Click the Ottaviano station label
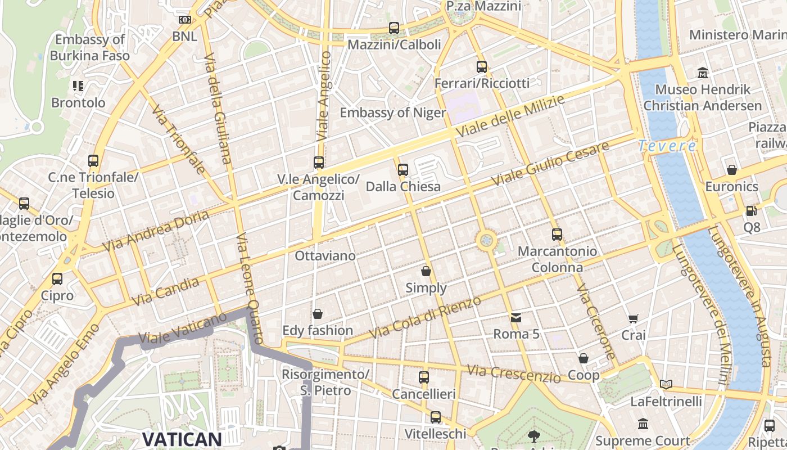(x=325, y=256)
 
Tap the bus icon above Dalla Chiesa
(x=402, y=169)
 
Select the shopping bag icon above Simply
(x=426, y=271)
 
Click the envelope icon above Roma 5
(x=516, y=318)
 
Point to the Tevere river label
(x=667, y=146)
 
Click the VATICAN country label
(x=182, y=439)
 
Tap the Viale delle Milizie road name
(x=510, y=116)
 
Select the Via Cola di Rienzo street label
(x=426, y=318)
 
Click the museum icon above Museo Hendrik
(x=703, y=73)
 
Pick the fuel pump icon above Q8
(x=751, y=211)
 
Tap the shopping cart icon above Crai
(x=634, y=319)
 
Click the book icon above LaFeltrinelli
(x=666, y=385)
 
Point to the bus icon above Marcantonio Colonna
(x=557, y=235)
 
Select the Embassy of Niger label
(x=392, y=112)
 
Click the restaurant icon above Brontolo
(x=78, y=86)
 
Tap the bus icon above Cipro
(x=57, y=279)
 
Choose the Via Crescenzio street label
(x=514, y=373)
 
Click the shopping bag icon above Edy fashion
(x=318, y=313)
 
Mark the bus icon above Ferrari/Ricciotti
(x=482, y=67)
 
